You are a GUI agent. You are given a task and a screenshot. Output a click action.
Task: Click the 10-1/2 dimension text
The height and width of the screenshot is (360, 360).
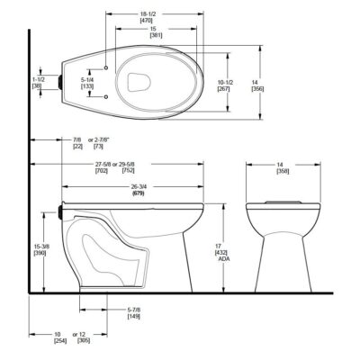click(x=224, y=82)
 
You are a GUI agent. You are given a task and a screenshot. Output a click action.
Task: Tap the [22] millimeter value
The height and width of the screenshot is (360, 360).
click(x=77, y=147)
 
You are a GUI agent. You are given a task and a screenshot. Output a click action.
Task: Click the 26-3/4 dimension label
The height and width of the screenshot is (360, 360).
click(x=138, y=186)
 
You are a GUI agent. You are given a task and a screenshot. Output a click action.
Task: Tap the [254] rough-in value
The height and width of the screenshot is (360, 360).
click(x=59, y=341)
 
